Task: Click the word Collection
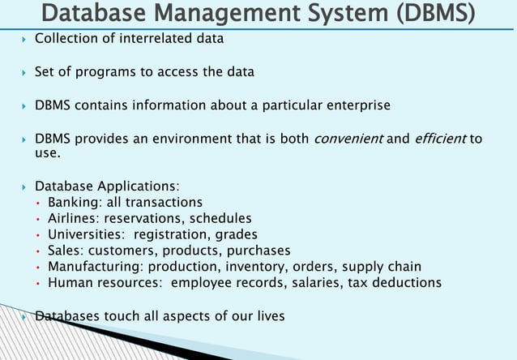(66, 39)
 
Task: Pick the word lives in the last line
(268, 315)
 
